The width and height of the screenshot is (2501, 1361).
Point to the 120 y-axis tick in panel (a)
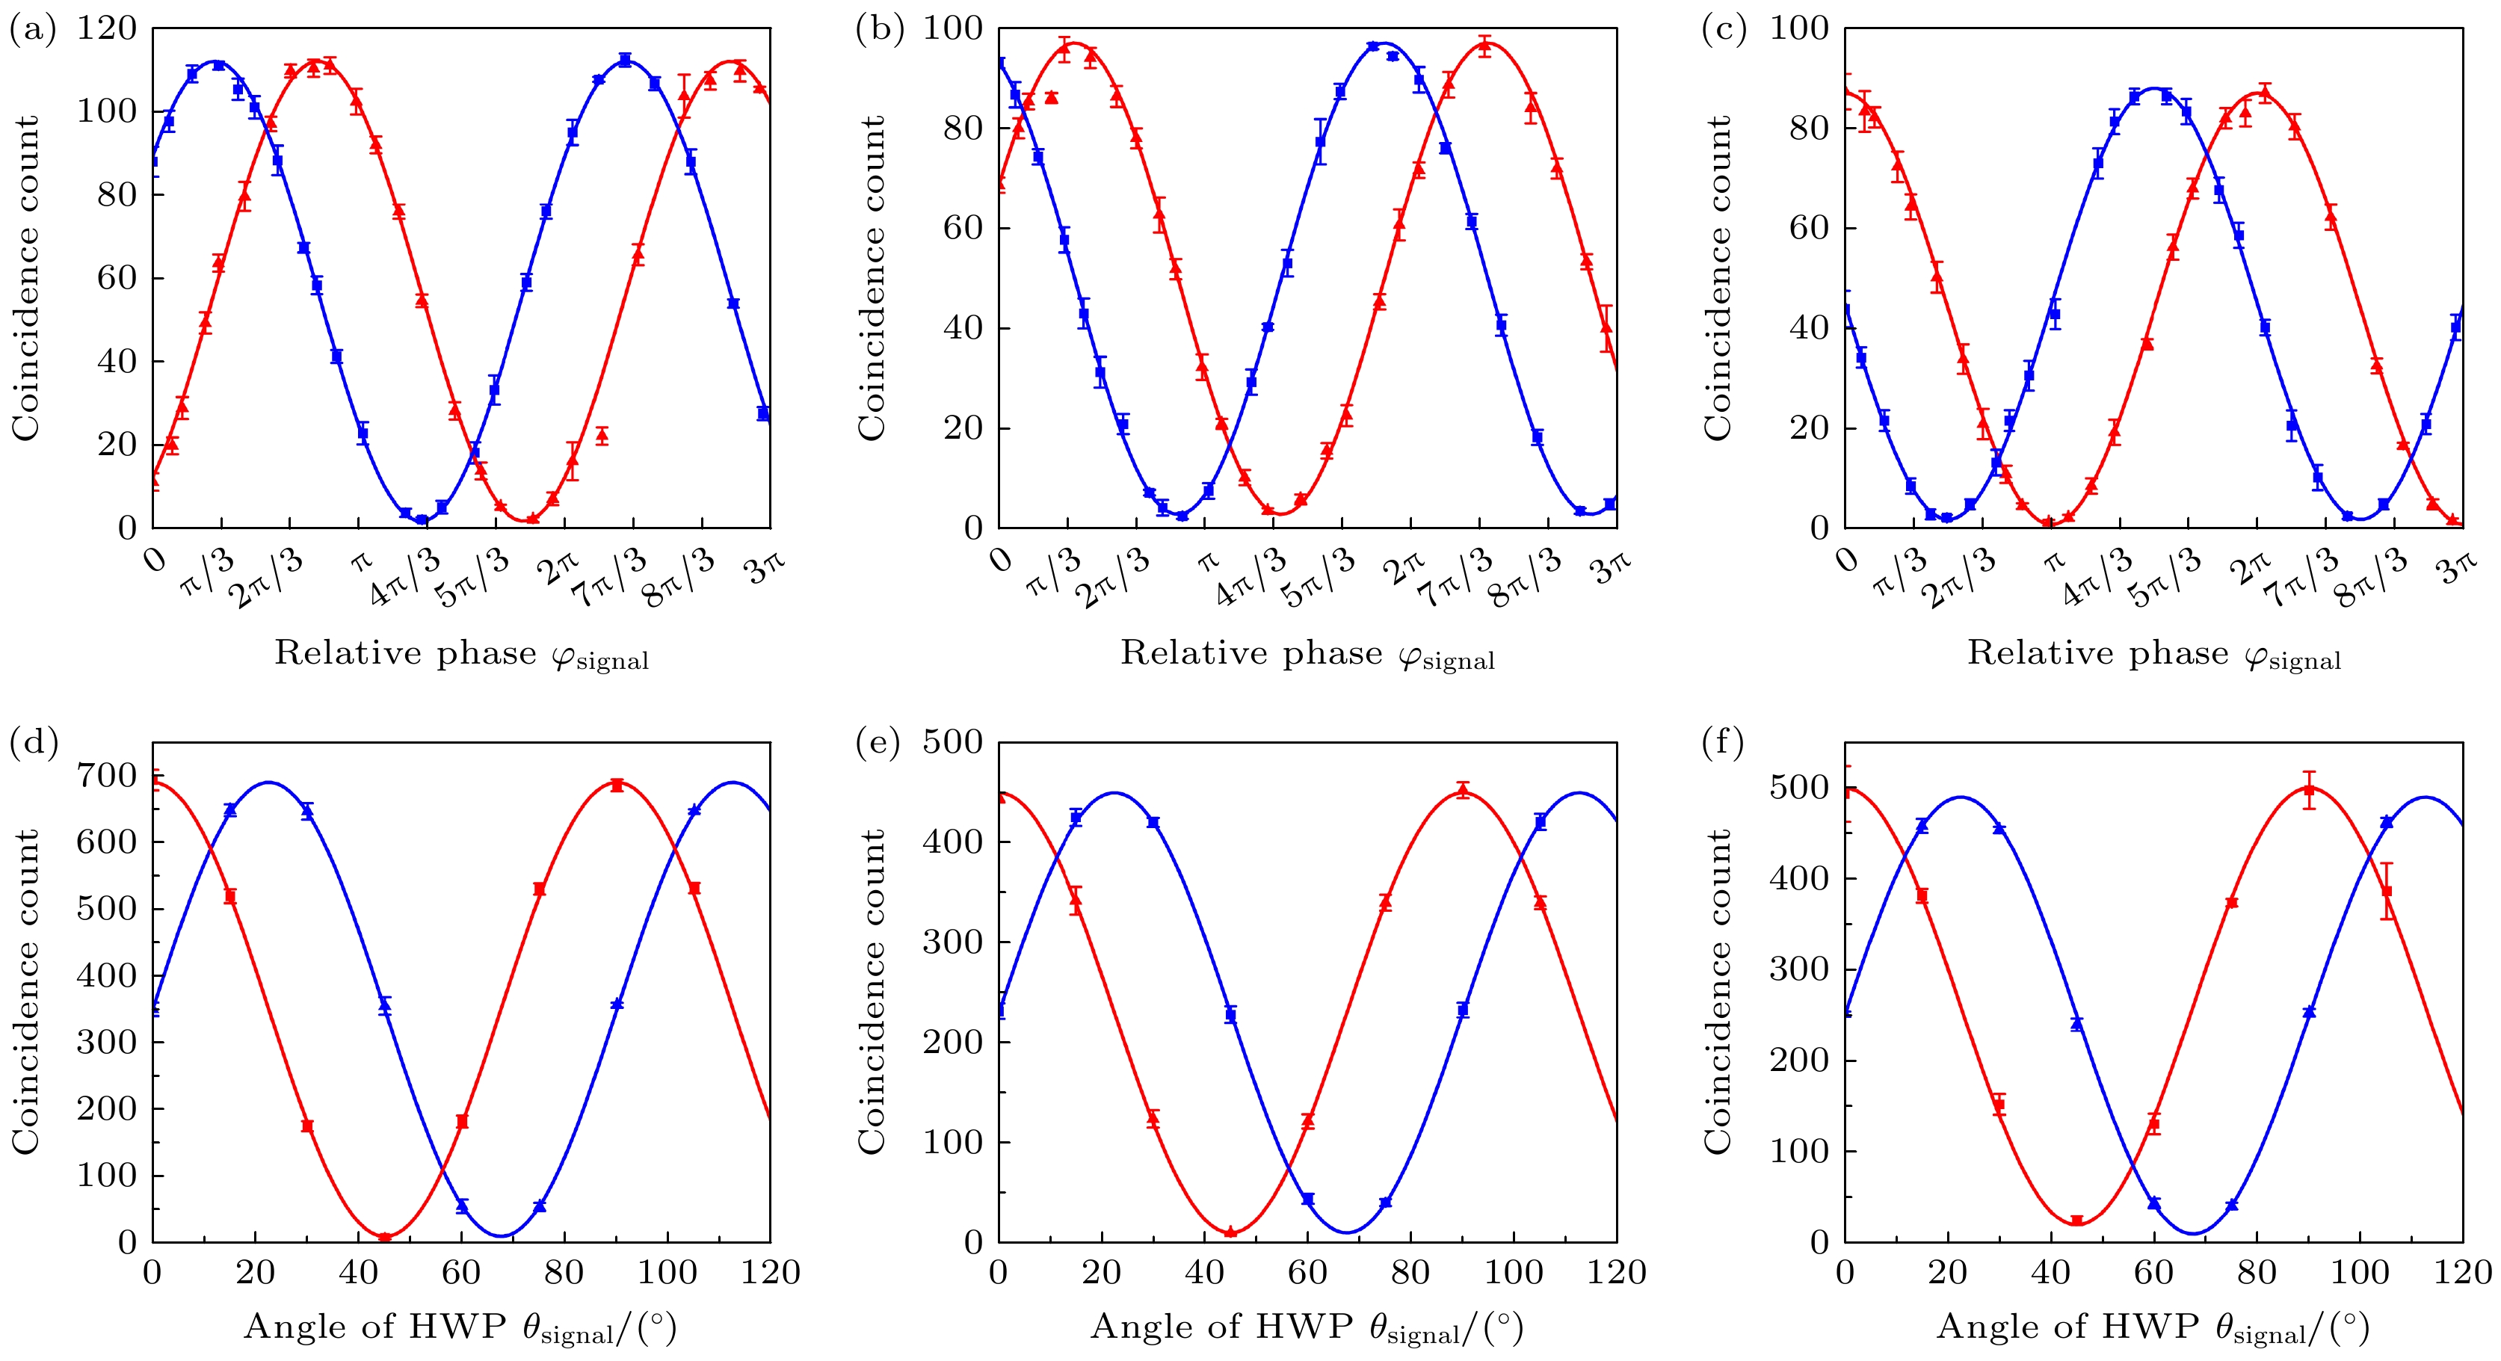107,28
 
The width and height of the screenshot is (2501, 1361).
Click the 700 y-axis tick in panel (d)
107,774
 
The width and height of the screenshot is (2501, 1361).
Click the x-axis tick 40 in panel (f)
2050,1272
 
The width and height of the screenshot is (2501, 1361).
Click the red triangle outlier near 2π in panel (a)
602,436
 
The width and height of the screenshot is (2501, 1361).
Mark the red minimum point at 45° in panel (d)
384,1237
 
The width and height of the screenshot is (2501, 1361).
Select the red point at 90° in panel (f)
2310,789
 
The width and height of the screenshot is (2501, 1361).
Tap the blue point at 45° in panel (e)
1231,1014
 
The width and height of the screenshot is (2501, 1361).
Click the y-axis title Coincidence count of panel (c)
1718,279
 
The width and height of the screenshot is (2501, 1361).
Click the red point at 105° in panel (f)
2387,890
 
